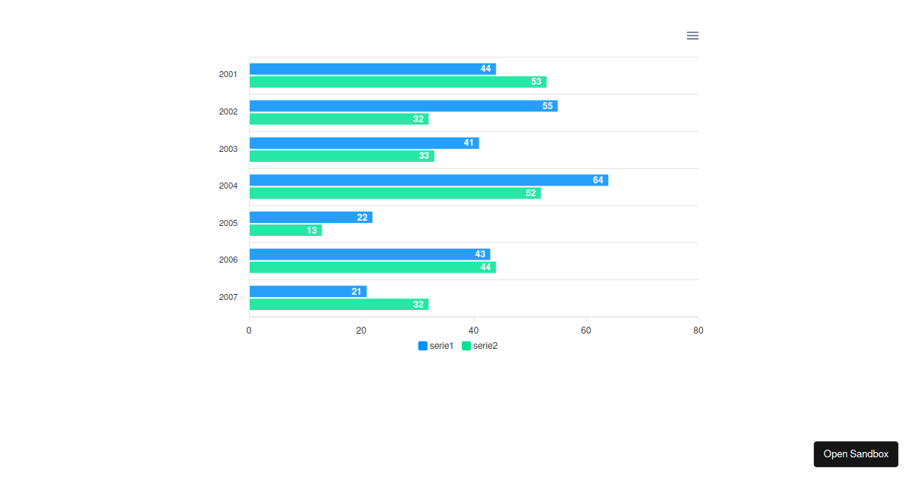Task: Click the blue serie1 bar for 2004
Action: [428, 180]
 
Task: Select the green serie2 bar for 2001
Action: [398, 82]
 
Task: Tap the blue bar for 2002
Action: [403, 106]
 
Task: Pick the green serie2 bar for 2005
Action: [285, 230]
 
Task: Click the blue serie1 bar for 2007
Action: [308, 292]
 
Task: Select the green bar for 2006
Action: [373, 267]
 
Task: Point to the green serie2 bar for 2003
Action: [341, 156]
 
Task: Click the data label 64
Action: [598, 180]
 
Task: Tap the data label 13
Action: [311, 230]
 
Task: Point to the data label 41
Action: [469, 143]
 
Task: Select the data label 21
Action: [356, 292]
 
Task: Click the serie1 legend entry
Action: [436, 346]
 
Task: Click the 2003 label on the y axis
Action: [228, 149]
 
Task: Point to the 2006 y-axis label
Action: [228, 260]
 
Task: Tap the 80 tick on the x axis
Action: [698, 331]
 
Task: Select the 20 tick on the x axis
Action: [361, 331]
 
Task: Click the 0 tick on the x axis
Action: [249, 331]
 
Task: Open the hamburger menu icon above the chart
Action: [692, 36]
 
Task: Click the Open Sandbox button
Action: [856, 454]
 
